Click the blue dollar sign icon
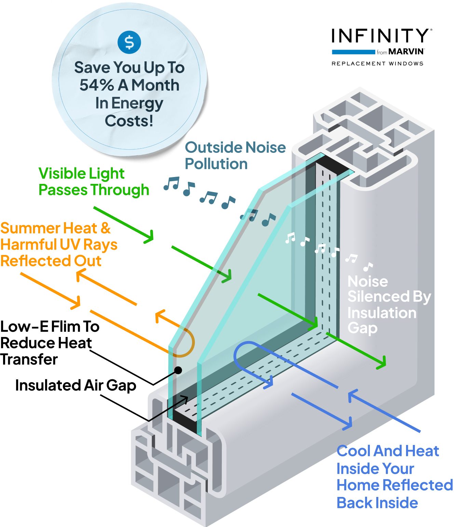coord(129,42)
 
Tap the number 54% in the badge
coord(97,85)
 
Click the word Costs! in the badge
coord(129,121)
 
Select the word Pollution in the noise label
coord(216,164)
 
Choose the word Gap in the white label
coord(362,328)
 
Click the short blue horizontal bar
coord(353,52)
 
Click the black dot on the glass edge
coord(178,370)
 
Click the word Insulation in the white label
coord(382,313)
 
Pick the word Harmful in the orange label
coord(28,244)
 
